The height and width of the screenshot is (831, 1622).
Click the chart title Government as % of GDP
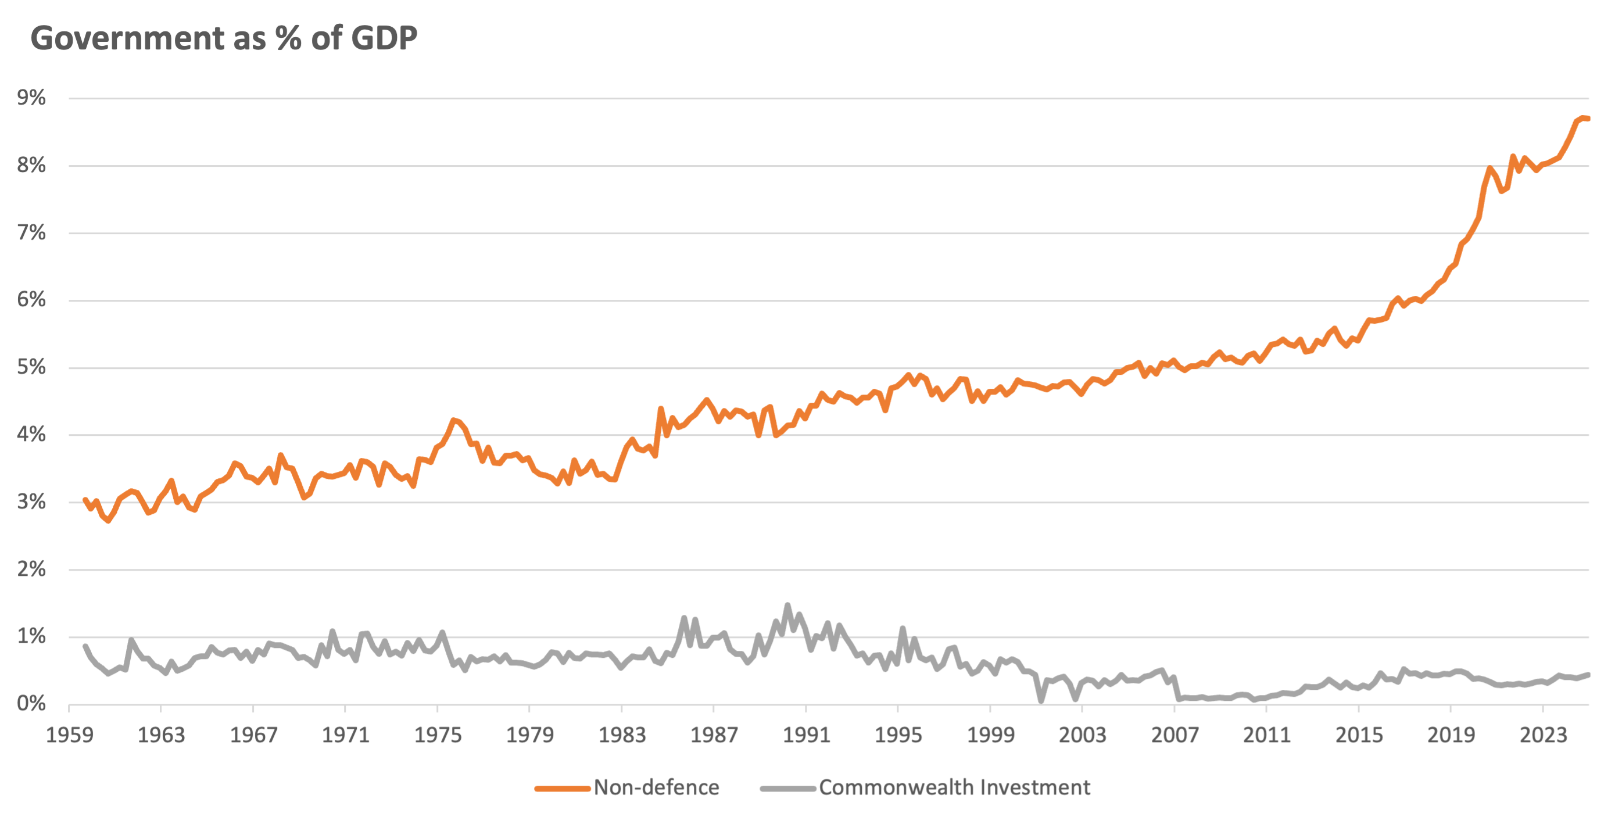pos(224,38)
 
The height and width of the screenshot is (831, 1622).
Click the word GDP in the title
pos(384,38)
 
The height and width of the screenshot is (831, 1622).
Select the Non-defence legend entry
pos(656,787)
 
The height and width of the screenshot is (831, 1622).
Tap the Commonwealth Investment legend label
pos(954,787)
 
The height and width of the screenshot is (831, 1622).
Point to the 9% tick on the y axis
pos(31,98)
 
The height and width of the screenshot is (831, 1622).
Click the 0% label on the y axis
pos(31,703)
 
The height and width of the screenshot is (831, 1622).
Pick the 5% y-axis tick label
pos(31,367)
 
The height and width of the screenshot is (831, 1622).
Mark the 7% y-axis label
pos(31,232)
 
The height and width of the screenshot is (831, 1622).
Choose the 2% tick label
pos(31,569)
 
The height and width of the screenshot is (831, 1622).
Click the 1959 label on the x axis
pos(69,735)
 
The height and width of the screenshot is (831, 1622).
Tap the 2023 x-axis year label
pos(1542,735)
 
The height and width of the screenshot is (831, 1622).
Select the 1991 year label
pos(806,735)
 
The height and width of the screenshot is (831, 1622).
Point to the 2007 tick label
pos(1175,735)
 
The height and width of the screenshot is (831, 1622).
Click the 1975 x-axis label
pos(438,735)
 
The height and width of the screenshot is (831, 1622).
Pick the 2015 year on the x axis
pos(1359,735)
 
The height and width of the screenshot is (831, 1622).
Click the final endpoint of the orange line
pos(1588,119)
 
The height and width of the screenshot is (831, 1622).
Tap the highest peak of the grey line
pos(787,605)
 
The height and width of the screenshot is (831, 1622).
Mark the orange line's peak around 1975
pos(453,420)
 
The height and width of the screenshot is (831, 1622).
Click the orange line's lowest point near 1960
pos(108,521)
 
